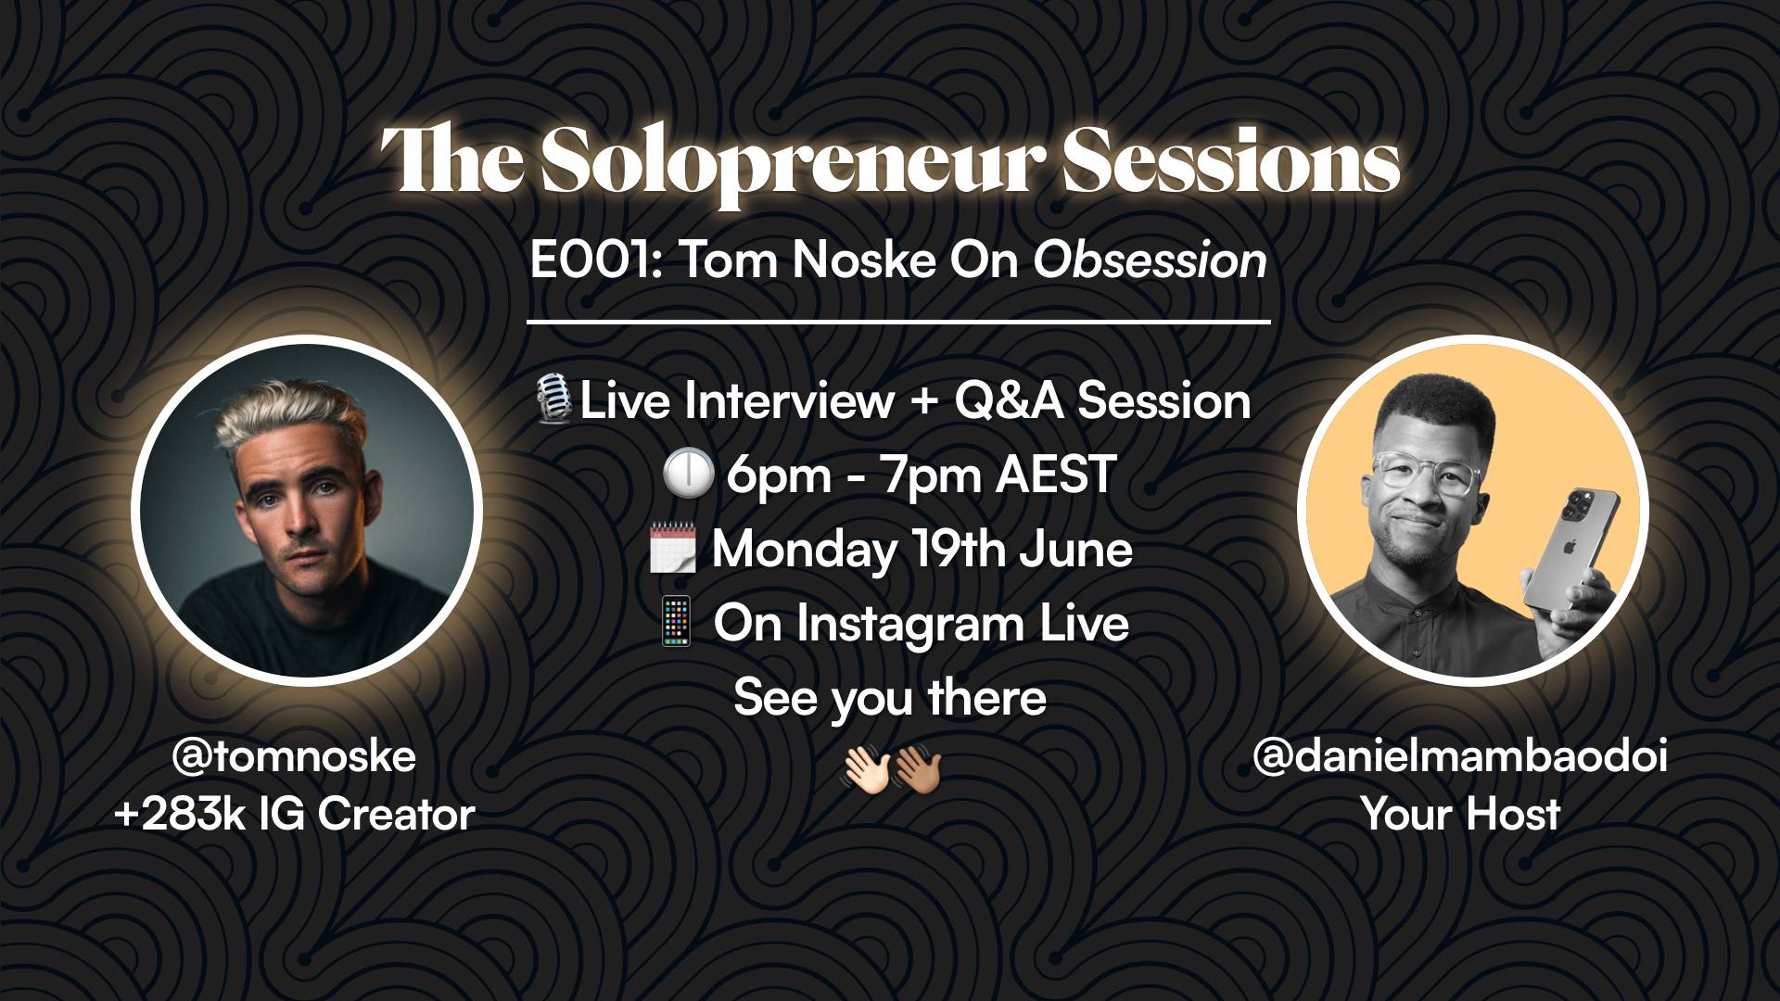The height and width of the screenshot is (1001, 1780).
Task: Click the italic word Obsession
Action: click(1150, 261)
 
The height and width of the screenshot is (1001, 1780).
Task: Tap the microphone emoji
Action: click(554, 401)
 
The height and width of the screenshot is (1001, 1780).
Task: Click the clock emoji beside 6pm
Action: click(688, 476)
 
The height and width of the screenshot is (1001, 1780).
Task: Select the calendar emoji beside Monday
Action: click(672, 550)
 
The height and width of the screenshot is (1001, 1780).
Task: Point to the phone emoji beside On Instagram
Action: click(675, 623)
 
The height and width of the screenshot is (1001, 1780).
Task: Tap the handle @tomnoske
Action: click(294, 757)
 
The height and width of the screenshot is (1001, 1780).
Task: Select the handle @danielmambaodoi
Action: click(1460, 757)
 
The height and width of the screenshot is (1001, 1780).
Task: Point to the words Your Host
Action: click(1460, 815)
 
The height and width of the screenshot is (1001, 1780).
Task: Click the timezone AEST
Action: click(1055, 475)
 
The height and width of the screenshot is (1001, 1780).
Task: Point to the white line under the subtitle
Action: click(898, 323)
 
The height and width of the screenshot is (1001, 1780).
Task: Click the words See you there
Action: click(890, 698)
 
